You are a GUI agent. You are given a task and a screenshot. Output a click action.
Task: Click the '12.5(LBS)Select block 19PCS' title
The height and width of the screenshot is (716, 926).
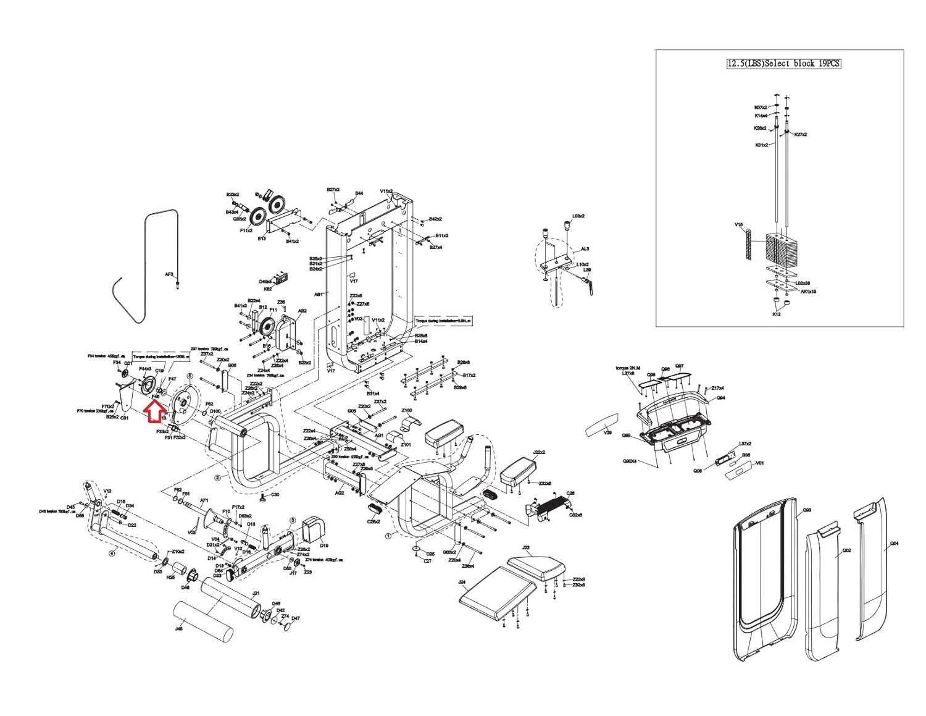[784, 64]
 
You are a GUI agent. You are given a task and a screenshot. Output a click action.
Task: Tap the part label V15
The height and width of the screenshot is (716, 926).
[738, 225]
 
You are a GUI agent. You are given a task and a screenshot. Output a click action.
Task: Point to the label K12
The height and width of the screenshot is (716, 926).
[776, 314]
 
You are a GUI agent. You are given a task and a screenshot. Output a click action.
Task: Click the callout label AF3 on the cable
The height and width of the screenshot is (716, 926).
[169, 274]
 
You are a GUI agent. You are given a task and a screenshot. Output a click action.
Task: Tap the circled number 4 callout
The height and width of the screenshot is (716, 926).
[112, 553]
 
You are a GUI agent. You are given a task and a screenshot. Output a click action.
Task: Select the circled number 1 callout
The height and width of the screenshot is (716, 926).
[388, 536]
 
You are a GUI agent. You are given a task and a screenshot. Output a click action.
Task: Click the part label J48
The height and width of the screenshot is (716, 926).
[179, 629]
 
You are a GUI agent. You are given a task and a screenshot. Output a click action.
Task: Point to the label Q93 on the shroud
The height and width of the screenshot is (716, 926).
[806, 512]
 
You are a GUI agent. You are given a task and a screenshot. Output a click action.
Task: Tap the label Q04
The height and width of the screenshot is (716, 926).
[895, 544]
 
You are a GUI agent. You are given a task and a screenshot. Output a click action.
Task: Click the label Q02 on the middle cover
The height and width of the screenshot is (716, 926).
[846, 550]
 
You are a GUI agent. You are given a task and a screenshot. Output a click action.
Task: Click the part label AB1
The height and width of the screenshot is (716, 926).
[319, 295]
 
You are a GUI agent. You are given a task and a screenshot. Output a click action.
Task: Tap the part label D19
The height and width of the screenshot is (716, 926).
[324, 545]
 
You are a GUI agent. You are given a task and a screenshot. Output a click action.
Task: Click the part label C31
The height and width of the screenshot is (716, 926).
[124, 418]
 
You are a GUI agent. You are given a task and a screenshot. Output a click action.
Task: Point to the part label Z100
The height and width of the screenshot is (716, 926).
[407, 411]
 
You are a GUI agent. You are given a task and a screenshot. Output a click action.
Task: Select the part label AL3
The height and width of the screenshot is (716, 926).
[585, 249]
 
